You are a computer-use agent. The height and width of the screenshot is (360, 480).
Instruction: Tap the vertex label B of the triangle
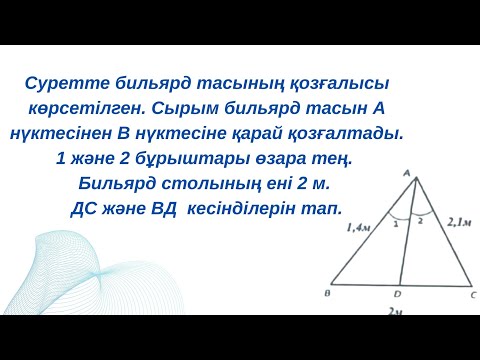pos(329,294)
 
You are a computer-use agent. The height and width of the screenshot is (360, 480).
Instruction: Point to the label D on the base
pos(398,295)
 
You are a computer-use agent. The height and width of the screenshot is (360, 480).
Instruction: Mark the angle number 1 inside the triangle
pos(396,224)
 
